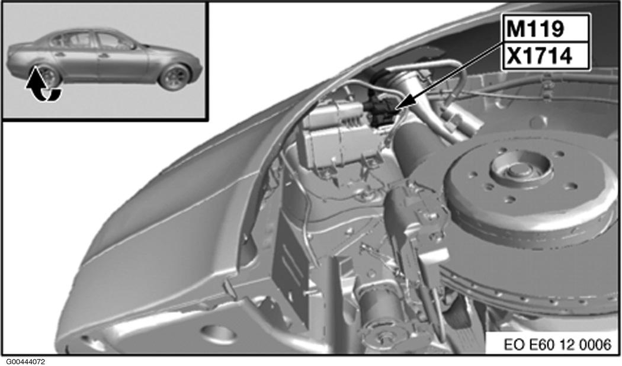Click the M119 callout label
pos(535,30)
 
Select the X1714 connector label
pos(540,56)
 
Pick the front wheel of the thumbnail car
pos(175,76)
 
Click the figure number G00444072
pos(25,362)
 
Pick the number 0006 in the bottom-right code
pos(595,344)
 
